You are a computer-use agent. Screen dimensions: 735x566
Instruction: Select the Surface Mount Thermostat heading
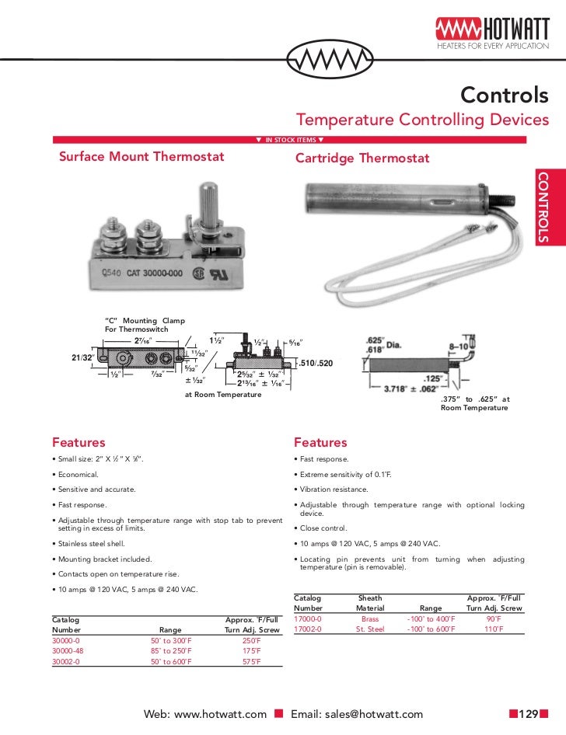tap(141, 157)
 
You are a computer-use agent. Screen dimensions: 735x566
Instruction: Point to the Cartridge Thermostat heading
tap(362, 158)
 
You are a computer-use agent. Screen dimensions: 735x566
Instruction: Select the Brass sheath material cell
tap(370, 618)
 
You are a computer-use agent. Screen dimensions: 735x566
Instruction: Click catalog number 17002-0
tap(310, 629)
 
